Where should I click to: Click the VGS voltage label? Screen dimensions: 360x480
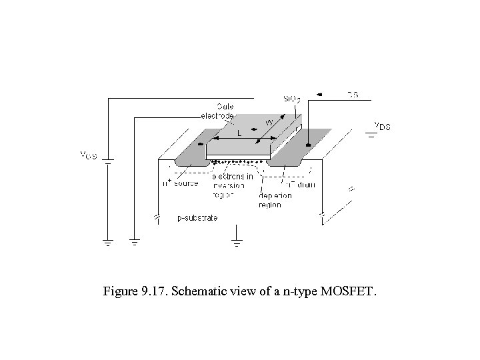click(89, 155)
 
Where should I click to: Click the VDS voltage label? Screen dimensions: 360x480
click(381, 125)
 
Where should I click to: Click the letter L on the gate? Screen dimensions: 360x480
click(239, 133)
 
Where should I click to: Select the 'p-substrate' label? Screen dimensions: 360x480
click(197, 218)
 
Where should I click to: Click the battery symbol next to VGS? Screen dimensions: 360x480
click(108, 161)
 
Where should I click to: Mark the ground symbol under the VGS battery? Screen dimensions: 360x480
click(108, 242)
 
